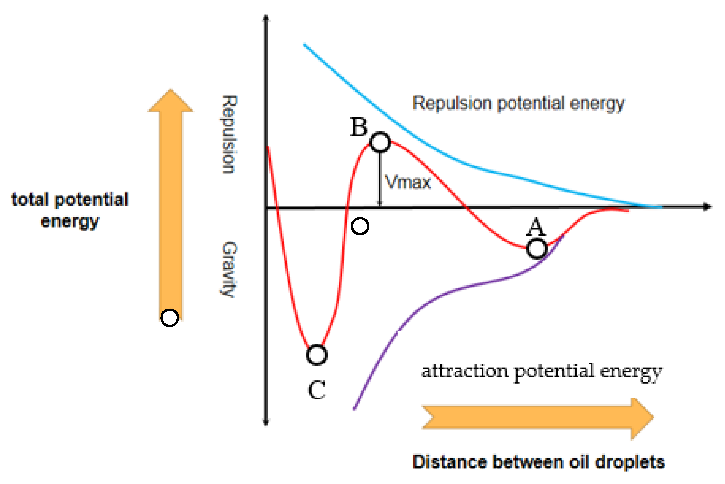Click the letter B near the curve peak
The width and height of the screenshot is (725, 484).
[359, 127]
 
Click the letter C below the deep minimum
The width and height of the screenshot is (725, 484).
[317, 390]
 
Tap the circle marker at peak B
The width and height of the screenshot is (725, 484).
[380, 142]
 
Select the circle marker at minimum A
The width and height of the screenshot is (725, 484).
[537, 249]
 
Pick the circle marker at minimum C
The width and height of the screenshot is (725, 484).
[316, 355]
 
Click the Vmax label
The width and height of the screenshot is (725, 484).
[408, 182]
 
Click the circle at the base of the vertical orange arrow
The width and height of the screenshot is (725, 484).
[170, 318]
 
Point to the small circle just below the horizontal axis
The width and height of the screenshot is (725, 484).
[360, 226]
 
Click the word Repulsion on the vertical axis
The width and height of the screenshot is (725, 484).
[229, 134]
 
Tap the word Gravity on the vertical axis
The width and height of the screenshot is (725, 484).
[229, 269]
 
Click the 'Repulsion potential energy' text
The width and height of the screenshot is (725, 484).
[518, 103]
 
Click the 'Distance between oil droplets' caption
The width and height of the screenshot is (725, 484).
[539, 462]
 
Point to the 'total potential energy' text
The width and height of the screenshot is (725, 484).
[70, 210]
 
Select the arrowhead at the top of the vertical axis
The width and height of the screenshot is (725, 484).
[266, 18]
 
